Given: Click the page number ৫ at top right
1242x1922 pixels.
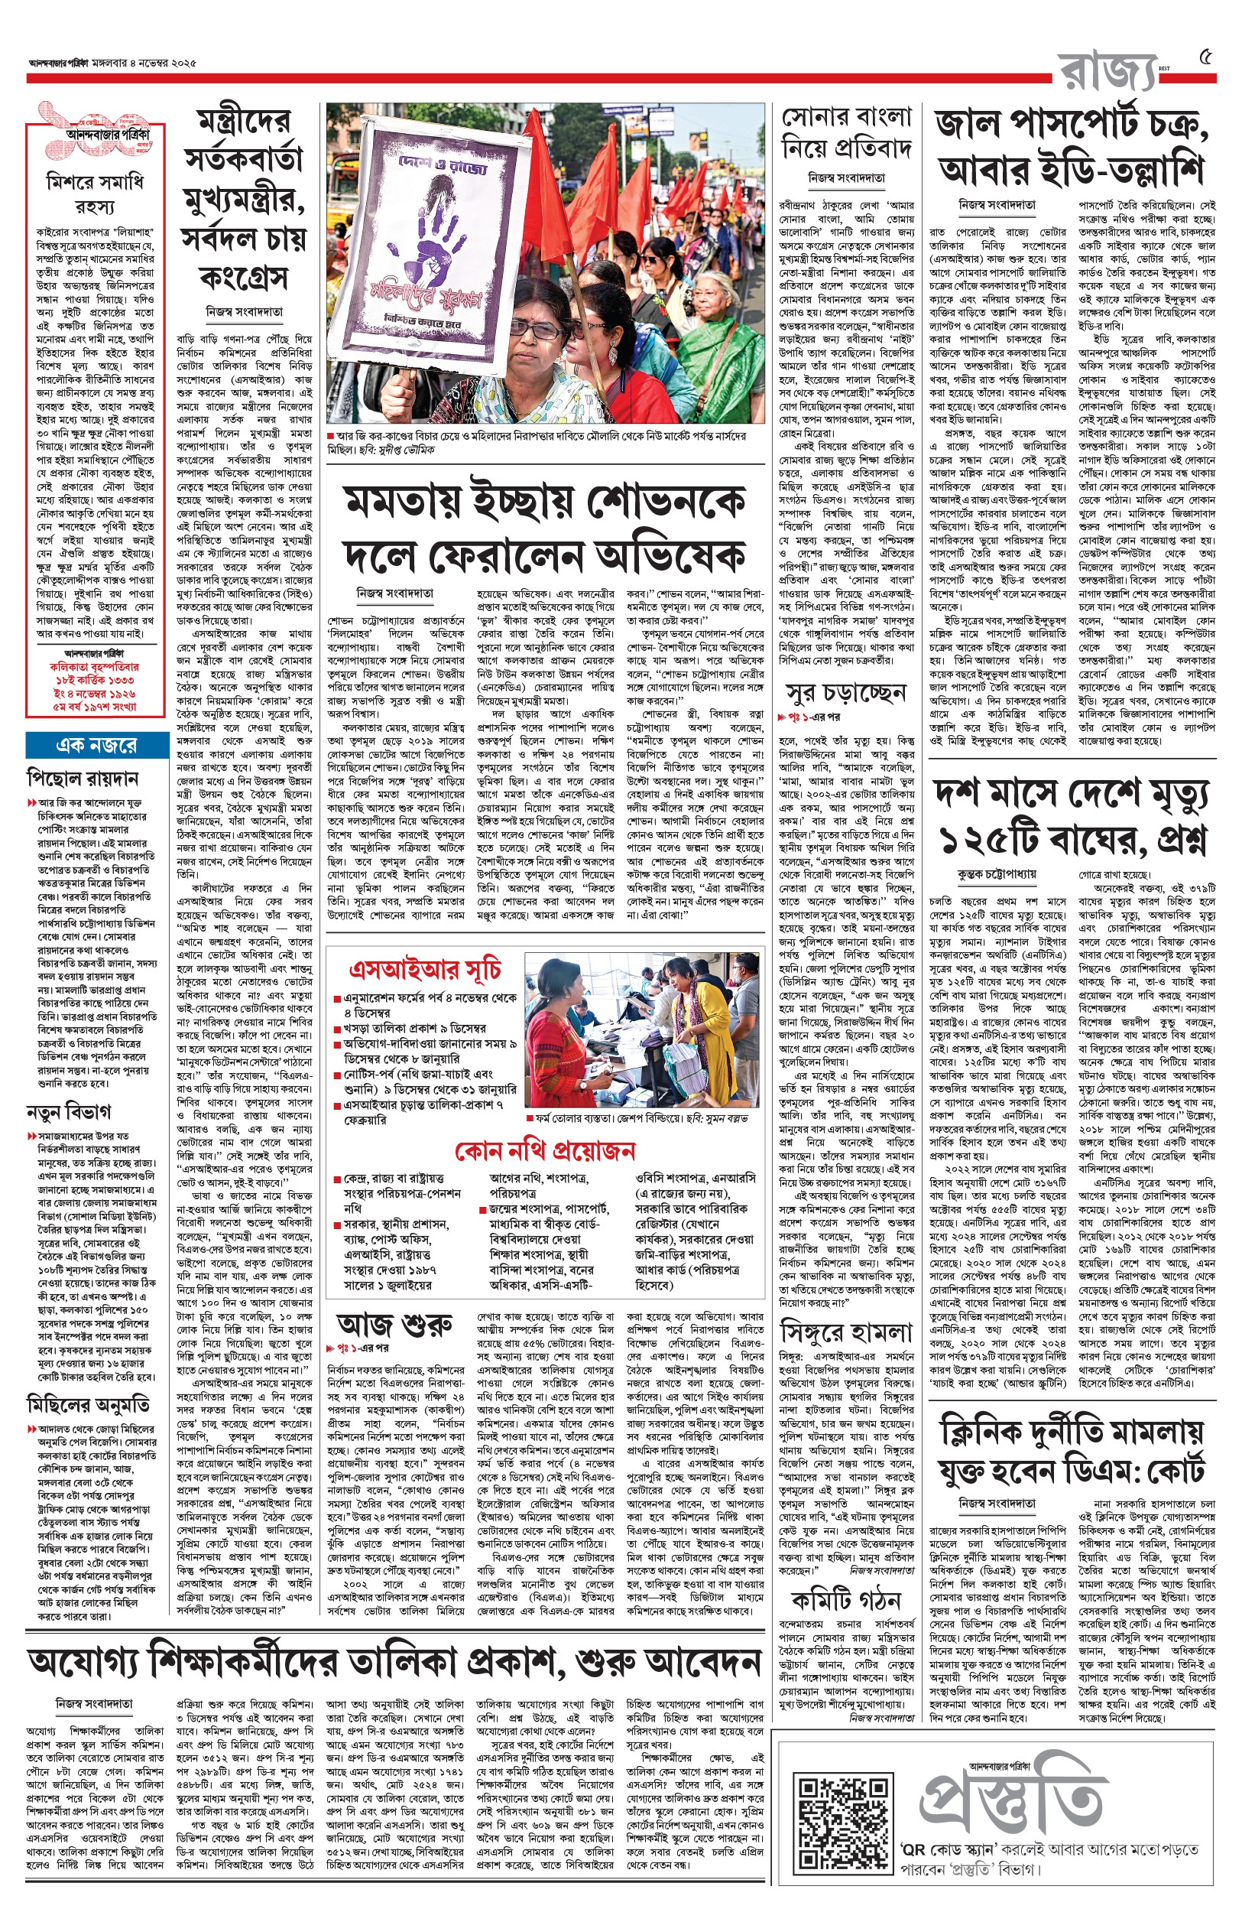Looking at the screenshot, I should [x=1206, y=58].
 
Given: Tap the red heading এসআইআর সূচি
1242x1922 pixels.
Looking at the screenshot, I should [x=425, y=969].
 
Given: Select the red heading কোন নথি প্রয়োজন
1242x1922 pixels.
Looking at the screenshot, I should [x=545, y=1149].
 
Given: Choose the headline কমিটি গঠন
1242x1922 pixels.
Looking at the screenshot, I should [x=846, y=1600].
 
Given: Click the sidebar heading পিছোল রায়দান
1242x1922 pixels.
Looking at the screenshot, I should [x=83, y=779].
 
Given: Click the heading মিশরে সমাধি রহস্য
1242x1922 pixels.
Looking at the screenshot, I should [x=94, y=194].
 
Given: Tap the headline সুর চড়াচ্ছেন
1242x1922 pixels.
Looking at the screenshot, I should [x=846, y=693].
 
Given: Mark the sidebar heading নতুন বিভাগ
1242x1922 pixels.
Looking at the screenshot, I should [x=69, y=1112].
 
